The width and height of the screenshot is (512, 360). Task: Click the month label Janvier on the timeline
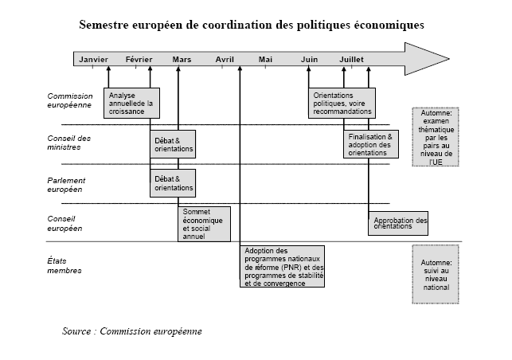pyautogui.click(x=93, y=60)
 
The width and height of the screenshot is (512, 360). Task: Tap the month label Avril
pyautogui.click(x=225, y=60)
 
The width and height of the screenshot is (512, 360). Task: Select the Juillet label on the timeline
pyautogui.click(x=351, y=60)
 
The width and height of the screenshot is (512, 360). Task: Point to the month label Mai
pyautogui.click(x=265, y=60)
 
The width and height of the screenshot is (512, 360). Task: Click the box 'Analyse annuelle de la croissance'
pyautogui.click(x=131, y=103)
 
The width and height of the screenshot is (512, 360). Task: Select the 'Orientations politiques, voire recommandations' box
pyautogui.click(x=342, y=103)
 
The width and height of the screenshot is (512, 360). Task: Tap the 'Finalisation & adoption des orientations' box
pyautogui.click(x=371, y=144)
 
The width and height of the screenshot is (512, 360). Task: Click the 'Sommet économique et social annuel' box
pyautogui.click(x=204, y=224)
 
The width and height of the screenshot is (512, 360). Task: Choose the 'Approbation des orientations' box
pyautogui.click(x=398, y=223)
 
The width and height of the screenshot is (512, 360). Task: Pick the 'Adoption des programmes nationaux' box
pyautogui.click(x=282, y=267)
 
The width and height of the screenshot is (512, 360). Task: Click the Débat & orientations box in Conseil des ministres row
pyautogui.click(x=173, y=144)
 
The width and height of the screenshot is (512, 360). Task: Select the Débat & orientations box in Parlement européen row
pyautogui.click(x=173, y=183)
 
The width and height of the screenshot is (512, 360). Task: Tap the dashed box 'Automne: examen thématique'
pyautogui.click(x=436, y=137)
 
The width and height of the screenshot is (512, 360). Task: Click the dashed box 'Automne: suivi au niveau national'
pyautogui.click(x=436, y=275)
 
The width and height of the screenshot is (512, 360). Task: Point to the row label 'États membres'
pyautogui.click(x=64, y=265)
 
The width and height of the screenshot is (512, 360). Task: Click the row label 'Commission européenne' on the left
pyautogui.click(x=70, y=100)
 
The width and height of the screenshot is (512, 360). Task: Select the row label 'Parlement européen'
pyautogui.click(x=66, y=185)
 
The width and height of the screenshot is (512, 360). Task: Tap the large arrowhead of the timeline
pyautogui.click(x=427, y=59)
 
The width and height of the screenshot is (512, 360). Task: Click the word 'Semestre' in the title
pyautogui.click(x=104, y=25)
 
